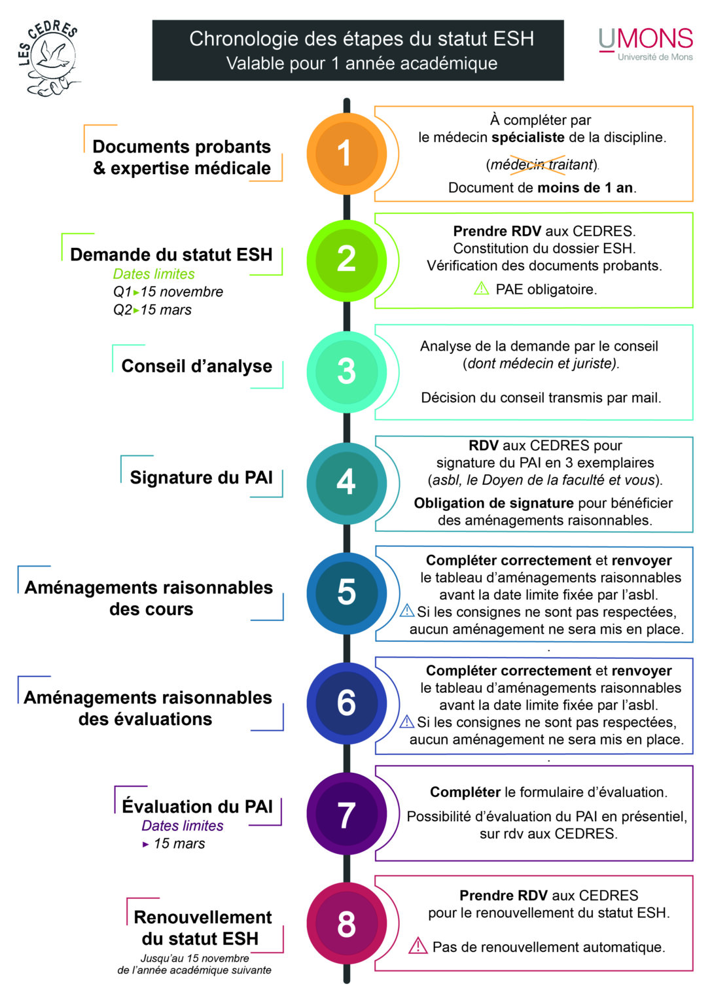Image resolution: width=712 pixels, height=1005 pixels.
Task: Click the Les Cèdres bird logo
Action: (x=49, y=58)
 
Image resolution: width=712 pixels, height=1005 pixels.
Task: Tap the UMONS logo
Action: (x=646, y=44)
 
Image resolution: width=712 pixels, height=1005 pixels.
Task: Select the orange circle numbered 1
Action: (x=346, y=154)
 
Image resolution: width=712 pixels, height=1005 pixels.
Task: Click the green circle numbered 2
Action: (x=346, y=260)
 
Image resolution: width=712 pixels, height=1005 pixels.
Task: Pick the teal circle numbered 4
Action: (x=346, y=483)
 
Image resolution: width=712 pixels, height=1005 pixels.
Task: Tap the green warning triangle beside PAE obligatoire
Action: (x=482, y=288)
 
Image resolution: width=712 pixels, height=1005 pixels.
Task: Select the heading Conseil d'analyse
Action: (x=196, y=366)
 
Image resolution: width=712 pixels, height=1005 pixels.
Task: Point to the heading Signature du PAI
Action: (x=201, y=478)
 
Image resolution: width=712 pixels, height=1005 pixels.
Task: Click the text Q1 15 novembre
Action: (x=168, y=292)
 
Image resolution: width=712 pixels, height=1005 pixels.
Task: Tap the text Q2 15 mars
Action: (x=152, y=309)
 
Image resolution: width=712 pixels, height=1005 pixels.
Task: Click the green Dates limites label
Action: (x=154, y=273)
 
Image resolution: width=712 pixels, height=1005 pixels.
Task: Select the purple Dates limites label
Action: (x=183, y=826)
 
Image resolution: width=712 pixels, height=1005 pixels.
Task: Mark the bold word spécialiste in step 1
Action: (x=527, y=137)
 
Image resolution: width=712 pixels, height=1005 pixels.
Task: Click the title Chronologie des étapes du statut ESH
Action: (x=362, y=39)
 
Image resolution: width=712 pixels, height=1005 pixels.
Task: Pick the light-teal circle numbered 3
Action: (x=346, y=372)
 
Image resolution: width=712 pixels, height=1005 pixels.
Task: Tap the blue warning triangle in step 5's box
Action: (x=407, y=610)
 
